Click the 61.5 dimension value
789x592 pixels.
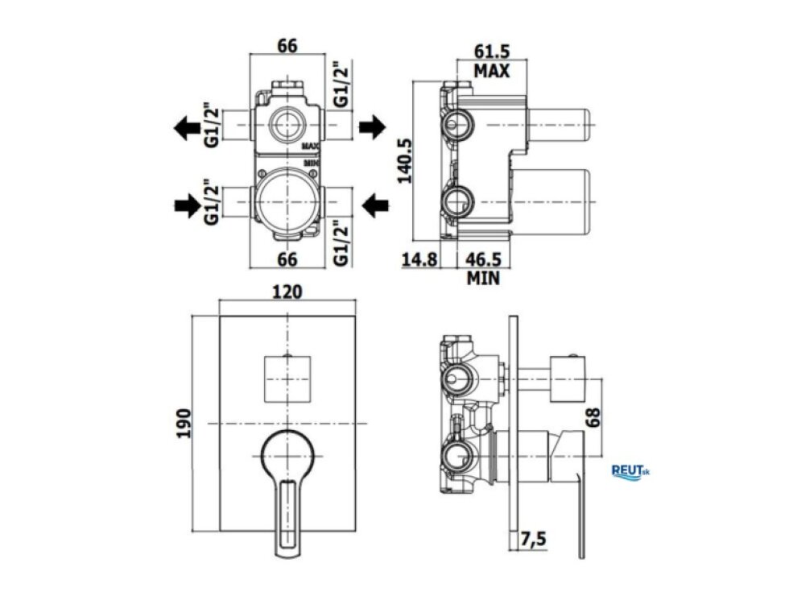[x=492, y=51]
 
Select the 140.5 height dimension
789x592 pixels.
[x=404, y=160]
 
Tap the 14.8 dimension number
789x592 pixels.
[x=419, y=259]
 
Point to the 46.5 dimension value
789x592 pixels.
[x=483, y=259]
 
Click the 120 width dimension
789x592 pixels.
[x=287, y=292]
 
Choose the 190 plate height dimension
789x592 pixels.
[x=184, y=423]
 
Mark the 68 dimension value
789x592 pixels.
[x=593, y=417]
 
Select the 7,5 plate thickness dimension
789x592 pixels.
[x=533, y=540]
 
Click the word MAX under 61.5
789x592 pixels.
[x=492, y=71]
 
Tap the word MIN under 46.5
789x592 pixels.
[x=483, y=278]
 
